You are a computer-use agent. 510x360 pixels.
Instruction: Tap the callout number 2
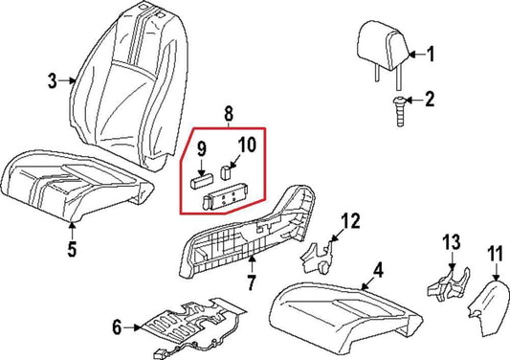point(430,100)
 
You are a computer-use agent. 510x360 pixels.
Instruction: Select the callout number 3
point(53,81)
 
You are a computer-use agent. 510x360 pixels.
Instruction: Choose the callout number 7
point(251,284)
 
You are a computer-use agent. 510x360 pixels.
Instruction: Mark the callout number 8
point(227,113)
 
